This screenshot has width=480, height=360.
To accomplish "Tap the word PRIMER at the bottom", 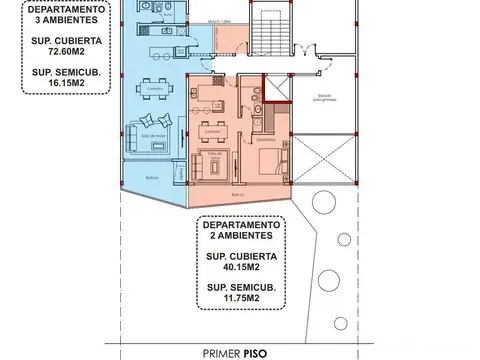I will [225, 351].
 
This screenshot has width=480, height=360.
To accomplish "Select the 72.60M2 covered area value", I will [58, 56].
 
